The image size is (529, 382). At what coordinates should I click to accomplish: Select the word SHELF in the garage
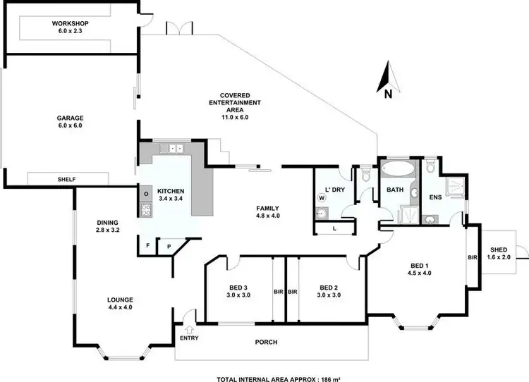[67, 180]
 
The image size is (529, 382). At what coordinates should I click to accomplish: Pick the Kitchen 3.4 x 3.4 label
[170, 195]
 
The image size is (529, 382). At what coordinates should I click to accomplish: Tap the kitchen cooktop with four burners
[147, 209]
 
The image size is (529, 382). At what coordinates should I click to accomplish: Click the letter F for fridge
[147, 246]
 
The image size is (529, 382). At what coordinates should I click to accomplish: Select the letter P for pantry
[169, 246]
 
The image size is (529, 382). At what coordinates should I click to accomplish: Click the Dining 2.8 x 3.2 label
[110, 226]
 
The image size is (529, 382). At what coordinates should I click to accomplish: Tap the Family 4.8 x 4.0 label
[267, 211]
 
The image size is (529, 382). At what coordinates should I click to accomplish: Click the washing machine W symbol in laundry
[322, 198]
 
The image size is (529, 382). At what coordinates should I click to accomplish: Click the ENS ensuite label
[434, 197]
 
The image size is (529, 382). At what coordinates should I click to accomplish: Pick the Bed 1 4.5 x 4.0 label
[420, 269]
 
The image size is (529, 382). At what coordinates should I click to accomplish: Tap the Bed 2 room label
[329, 291]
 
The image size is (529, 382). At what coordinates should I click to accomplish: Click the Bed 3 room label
[239, 291]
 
